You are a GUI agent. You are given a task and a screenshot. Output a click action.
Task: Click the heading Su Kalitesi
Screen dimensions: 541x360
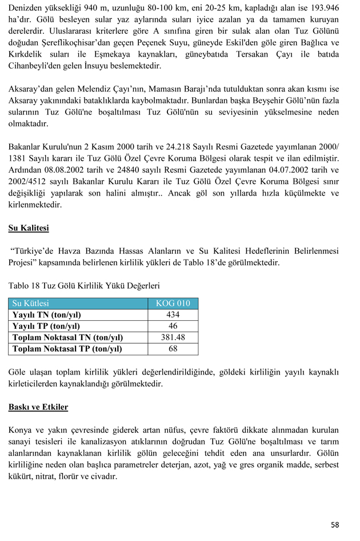(x=29, y=228)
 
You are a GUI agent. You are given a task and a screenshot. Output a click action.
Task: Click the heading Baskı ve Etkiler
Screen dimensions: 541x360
(x=38, y=407)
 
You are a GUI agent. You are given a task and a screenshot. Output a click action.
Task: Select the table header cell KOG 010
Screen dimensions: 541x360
(x=173, y=304)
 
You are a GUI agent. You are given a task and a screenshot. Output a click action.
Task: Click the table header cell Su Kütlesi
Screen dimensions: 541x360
(x=31, y=304)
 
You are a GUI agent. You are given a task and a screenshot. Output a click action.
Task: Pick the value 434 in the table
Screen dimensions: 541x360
(x=173, y=315)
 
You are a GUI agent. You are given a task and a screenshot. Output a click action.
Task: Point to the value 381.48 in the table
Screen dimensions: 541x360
(x=173, y=337)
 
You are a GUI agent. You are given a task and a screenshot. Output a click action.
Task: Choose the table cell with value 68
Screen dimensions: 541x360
(x=173, y=349)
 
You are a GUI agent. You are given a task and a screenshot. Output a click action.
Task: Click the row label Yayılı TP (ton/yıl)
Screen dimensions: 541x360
(x=46, y=326)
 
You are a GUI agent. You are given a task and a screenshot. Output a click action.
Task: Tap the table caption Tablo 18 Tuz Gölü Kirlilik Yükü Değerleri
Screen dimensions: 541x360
(x=84, y=285)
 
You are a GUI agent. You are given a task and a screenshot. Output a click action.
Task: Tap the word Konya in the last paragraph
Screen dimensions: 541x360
(x=20, y=429)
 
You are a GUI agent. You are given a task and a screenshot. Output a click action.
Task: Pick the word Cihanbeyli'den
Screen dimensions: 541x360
(x=37, y=66)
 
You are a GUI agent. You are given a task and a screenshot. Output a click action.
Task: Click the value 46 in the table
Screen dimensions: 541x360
(x=173, y=326)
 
